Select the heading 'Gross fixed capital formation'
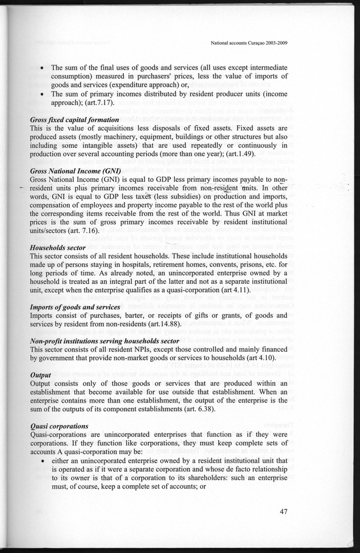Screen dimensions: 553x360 pyautogui.click(x=74, y=120)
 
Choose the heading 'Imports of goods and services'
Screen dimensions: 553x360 pyautogui.click(x=75, y=307)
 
